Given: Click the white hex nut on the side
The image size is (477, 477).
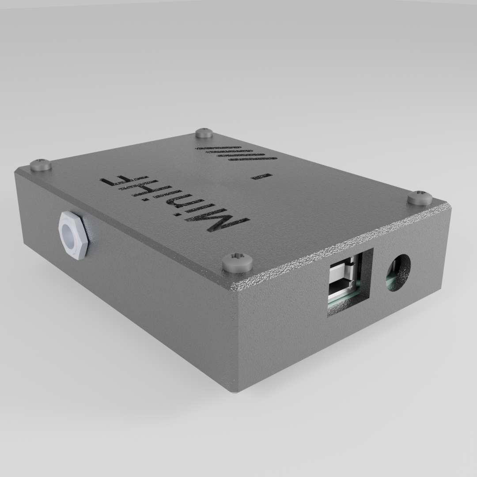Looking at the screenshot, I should (74, 235).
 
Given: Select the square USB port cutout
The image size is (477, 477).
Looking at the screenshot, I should (350, 283).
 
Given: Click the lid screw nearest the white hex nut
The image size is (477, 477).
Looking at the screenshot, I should (41, 165).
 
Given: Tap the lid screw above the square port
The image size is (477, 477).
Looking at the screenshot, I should (237, 262).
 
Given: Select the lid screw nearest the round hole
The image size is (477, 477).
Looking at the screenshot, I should (420, 197).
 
